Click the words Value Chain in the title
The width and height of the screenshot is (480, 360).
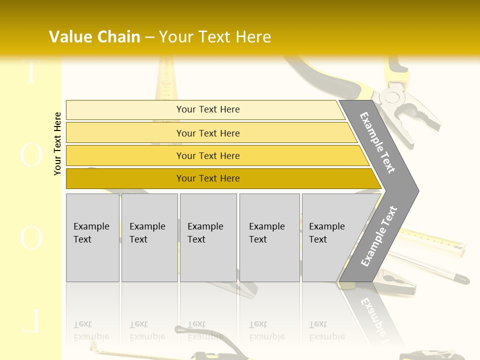click(x=94, y=37)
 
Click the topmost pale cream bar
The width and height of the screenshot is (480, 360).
click(x=207, y=109)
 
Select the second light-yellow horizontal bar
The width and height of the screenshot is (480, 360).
click(x=207, y=133)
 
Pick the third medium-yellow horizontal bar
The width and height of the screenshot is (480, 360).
click(x=207, y=155)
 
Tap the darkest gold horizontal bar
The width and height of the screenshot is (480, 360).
click(x=207, y=178)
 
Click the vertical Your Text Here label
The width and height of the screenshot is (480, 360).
click(x=57, y=143)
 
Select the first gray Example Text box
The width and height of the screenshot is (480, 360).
click(x=92, y=237)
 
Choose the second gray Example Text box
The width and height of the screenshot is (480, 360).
click(x=149, y=237)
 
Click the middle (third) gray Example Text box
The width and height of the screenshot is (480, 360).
click(x=208, y=237)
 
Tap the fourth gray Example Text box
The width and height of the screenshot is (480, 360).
click(x=269, y=237)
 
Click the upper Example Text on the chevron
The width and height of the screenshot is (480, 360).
click(x=377, y=142)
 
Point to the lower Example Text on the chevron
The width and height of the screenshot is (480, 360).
click(x=378, y=236)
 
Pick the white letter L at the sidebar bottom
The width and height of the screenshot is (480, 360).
click(x=31, y=322)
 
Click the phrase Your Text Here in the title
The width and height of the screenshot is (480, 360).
click(x=215, y=37)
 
